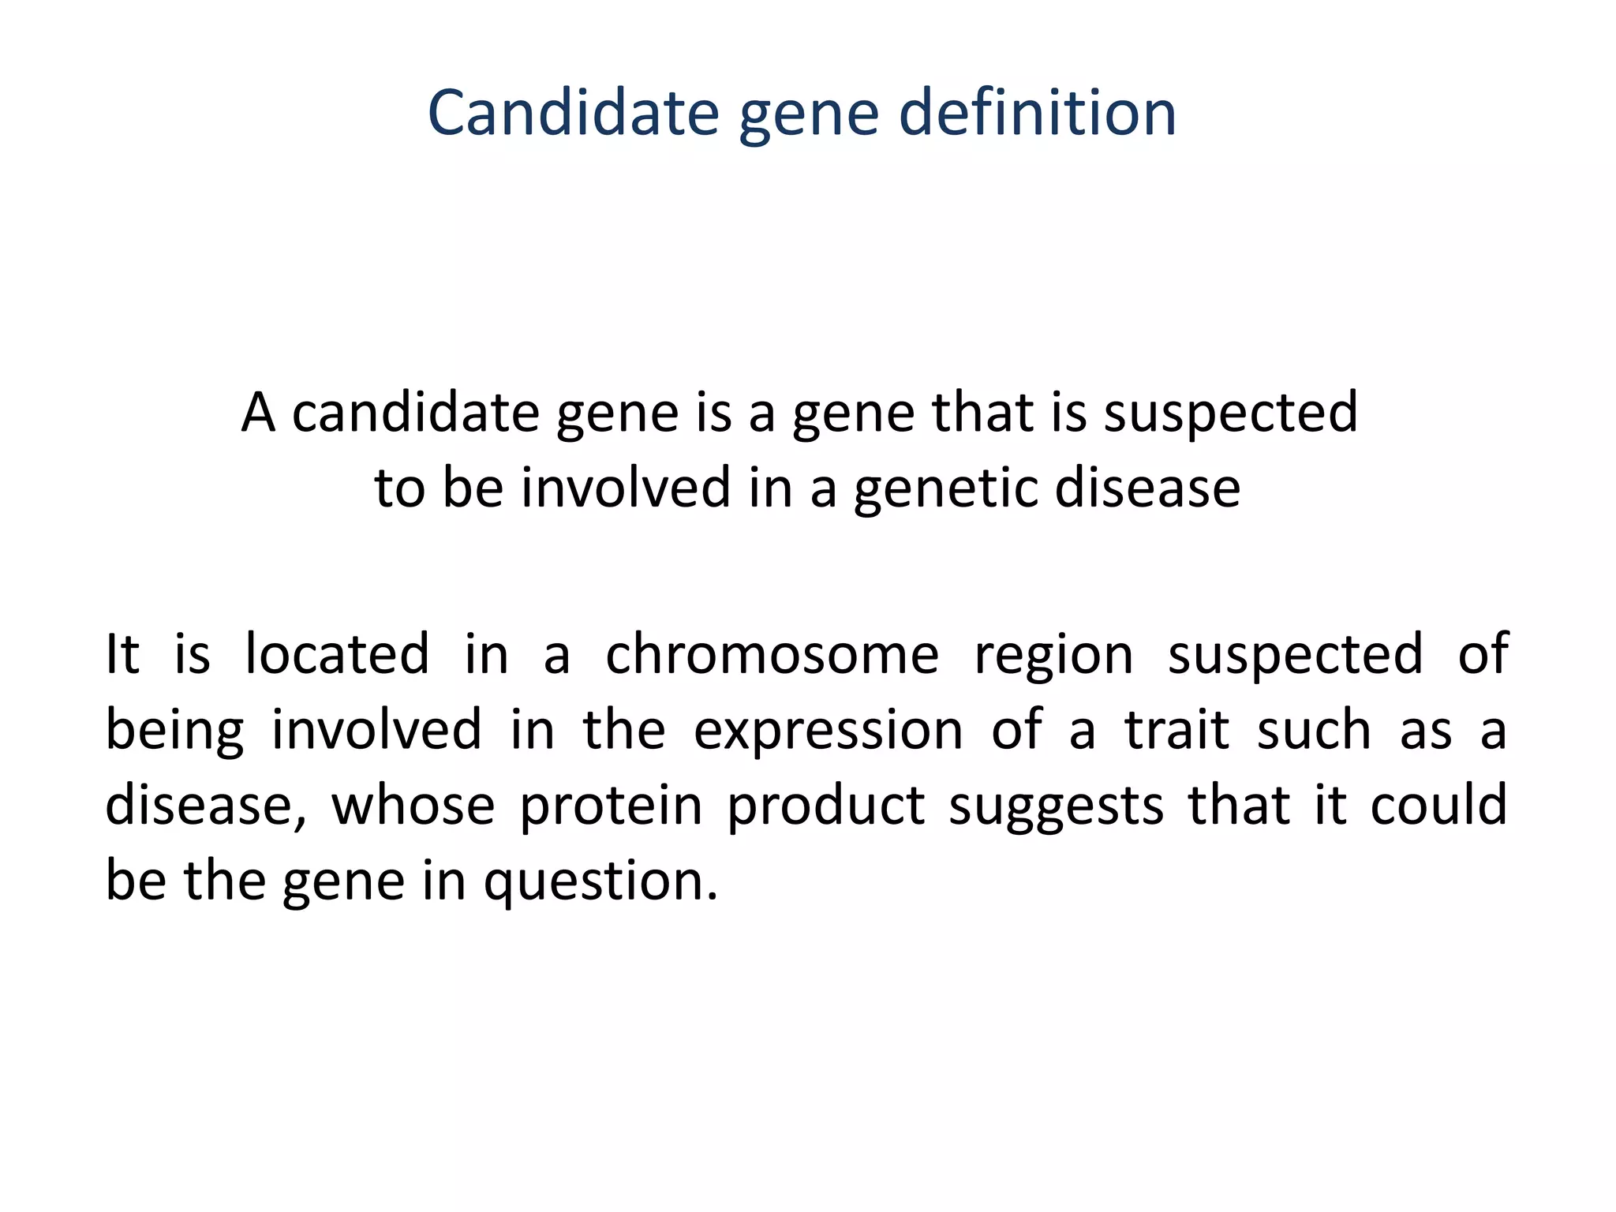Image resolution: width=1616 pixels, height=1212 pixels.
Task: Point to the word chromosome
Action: point(772,654)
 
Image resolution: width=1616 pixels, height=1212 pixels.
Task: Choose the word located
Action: point(337,654)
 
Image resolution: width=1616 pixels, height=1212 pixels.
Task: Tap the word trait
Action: point(1176,730)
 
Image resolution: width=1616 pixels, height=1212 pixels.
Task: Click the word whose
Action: point(413,806)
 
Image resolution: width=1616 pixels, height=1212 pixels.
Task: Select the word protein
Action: point(611,807)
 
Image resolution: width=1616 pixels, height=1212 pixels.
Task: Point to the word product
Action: point(825,807)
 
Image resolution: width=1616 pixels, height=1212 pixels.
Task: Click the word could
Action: point(1438,806)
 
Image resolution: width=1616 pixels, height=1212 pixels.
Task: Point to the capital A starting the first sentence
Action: point(258,413)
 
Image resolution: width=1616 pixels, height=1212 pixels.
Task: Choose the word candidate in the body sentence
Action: point(417,413)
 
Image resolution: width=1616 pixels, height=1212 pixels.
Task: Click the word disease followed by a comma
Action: point(205,807)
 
